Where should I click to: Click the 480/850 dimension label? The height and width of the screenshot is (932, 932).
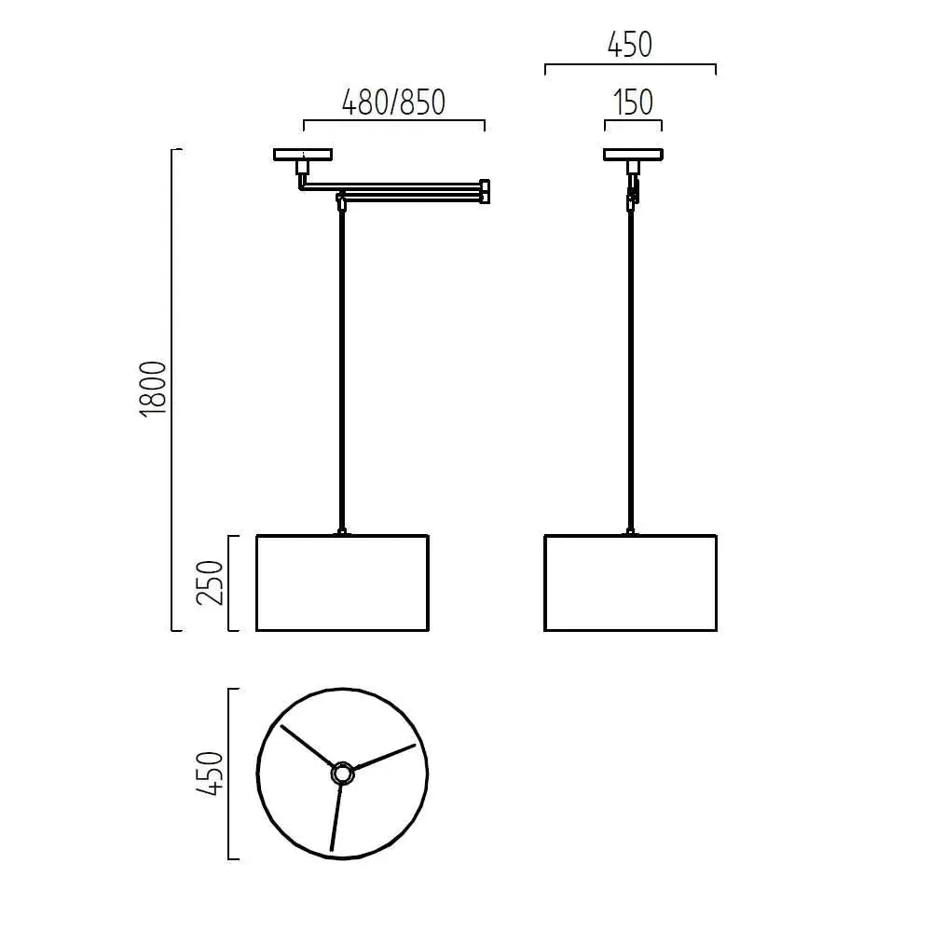393,102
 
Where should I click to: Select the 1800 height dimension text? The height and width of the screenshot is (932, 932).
154,387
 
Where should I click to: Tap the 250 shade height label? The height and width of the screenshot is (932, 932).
212,582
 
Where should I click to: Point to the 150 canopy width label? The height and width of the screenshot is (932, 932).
633,103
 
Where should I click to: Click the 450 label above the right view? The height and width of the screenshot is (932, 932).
630,45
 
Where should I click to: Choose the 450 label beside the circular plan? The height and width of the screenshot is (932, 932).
212,773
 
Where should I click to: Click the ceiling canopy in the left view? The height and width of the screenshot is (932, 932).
303,155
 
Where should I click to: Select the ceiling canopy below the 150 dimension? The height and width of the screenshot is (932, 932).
633,155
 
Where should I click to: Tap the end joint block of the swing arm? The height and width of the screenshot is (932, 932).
484,190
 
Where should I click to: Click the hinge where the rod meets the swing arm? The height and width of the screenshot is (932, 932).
342,199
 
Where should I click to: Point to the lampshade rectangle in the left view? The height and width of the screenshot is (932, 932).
342,582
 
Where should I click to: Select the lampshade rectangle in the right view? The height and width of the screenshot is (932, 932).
630,582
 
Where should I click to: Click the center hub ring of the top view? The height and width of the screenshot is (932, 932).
342,773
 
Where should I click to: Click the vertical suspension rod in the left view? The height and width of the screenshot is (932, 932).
343,373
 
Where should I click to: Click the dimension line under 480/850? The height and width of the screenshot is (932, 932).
393,121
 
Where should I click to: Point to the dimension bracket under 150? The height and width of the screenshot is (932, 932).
633,121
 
